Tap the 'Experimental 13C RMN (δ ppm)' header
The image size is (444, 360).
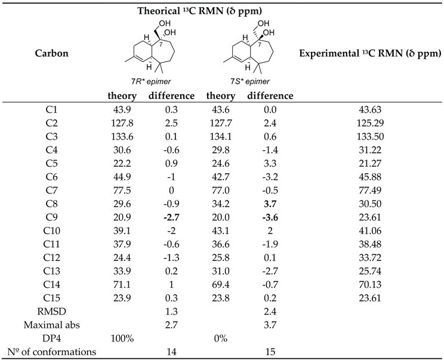point(373,54)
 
